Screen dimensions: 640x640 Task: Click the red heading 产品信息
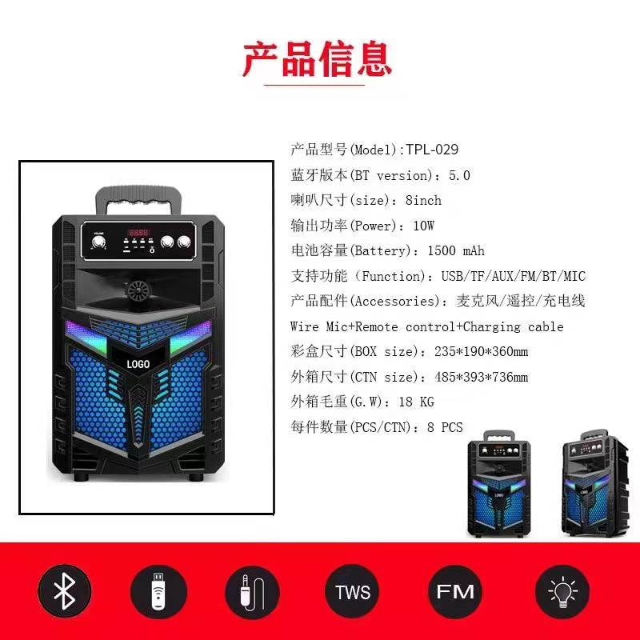pos(317,59)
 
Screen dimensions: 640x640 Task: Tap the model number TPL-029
pos(432,150)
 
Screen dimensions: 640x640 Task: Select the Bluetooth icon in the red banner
pos(65,591)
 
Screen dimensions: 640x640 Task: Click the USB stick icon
pos(158,591)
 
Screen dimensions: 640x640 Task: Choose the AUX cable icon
pos(252,591)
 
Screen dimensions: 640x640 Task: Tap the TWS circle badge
pos(353,591)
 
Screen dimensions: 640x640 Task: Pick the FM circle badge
pos(454,591)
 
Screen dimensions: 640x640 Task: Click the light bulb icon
pos(562,591)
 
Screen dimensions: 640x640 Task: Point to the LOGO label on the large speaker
pos(138,364)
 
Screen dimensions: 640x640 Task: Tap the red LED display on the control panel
pos(138,233)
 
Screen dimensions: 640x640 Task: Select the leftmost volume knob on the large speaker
pos(98,242)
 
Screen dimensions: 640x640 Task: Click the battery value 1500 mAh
pos(456,250)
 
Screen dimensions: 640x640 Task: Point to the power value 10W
pos(424,226)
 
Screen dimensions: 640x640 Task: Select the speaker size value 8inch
pos(423,201)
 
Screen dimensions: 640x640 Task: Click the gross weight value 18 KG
pos(416,402)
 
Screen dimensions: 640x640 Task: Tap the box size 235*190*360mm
pos(482,351)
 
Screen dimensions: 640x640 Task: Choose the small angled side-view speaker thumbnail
pos(595,483)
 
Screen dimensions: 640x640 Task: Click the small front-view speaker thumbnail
pos(498,484)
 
